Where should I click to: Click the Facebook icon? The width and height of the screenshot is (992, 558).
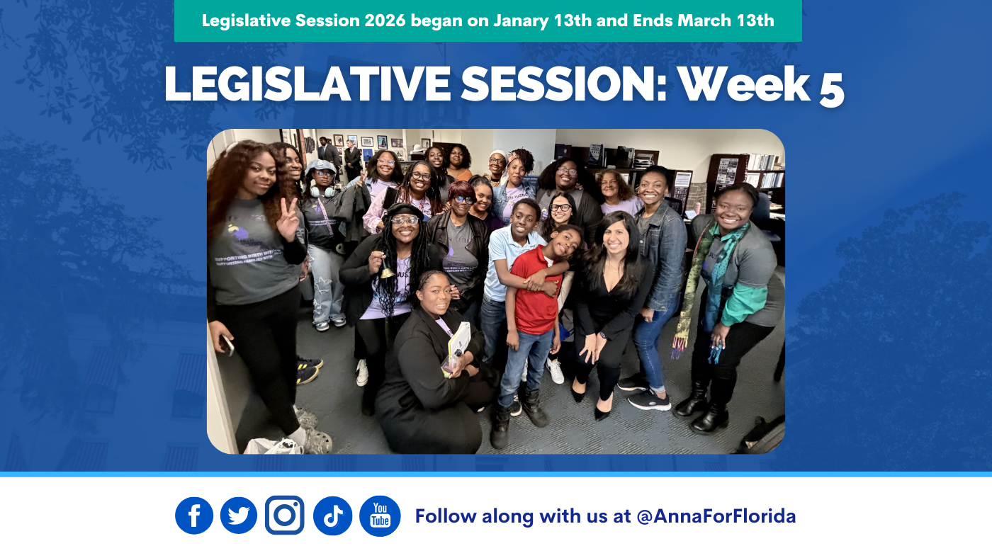[x=194, y=516]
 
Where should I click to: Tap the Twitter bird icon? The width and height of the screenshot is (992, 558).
[x=239, y=516]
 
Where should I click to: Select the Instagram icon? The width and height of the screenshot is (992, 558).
[x=285, y=515]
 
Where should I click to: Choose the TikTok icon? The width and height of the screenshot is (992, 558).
[x=332, y=516]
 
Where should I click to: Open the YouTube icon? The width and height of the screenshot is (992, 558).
[x=380, y=516]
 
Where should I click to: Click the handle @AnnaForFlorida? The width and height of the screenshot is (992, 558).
[x=716, y=516]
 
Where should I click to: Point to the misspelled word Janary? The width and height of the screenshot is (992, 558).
[x=521, y=21]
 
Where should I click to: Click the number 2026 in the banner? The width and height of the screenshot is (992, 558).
[x=385, y=21]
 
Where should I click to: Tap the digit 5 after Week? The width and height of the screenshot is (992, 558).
[x=831, y=90]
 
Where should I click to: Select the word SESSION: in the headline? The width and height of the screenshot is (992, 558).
[x=563, y=84]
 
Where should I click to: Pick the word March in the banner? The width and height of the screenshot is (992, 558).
[x=704, y=21]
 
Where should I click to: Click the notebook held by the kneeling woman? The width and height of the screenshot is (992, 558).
[x=459, y=341]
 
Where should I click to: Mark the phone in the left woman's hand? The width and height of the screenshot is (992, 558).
[x=227, y=345]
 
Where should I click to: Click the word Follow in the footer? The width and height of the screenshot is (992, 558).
[x=445, y=516]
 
